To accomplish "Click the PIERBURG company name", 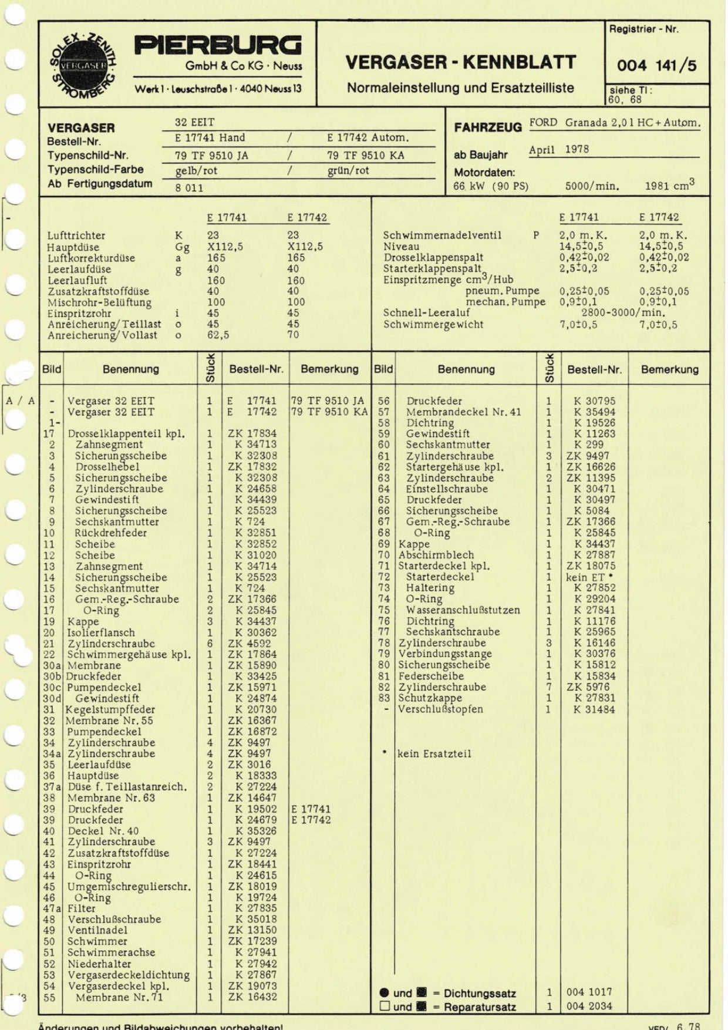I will click(x=218, y=46).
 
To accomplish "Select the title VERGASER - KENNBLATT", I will click(x=460, y=62).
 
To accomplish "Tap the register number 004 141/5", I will click(x=656, y=65).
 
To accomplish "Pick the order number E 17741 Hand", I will click(x=210, y=138).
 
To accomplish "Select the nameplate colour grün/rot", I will click(x=348, y=171).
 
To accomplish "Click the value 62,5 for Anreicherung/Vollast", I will click(x=218, y=335).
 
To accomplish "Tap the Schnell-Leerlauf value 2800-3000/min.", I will click(x=623, y=313).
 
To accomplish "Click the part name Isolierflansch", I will click(x=101, y=632).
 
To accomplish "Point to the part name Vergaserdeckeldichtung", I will click(x=129, y=975).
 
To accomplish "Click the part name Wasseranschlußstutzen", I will click(x=463, y=610).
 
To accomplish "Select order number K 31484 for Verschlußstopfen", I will click(x=594, y=709).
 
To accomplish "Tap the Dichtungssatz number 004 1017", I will click(x=589, y=992).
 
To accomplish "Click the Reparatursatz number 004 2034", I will click(x=589, y=1007).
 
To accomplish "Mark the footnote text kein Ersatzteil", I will click(x=434, y=754).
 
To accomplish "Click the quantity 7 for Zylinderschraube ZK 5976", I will click(x=548, y=687).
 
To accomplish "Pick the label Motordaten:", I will click(x=484, y=173).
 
